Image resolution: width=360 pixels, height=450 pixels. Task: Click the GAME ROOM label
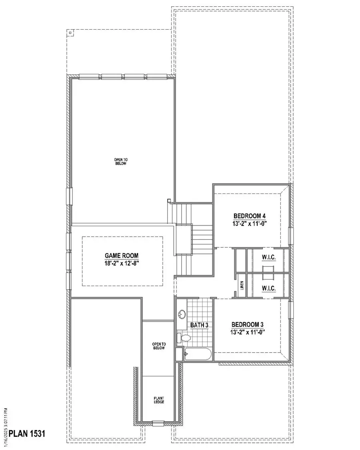(123, 256)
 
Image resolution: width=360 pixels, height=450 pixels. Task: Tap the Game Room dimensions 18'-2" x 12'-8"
(123, 263)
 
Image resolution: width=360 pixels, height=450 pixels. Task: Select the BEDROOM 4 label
(250, 216)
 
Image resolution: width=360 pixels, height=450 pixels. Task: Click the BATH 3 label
(200, 325)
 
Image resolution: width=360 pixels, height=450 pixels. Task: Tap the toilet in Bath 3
(184, 338)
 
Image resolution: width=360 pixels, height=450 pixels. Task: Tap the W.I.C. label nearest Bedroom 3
(268, 288)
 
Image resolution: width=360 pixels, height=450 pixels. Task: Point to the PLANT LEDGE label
(159, 400)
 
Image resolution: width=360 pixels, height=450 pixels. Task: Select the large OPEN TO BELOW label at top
(120, 161)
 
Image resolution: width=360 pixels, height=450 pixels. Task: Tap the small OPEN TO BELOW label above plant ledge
(159, 346)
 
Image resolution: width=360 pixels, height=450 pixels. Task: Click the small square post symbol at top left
(70, 33)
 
